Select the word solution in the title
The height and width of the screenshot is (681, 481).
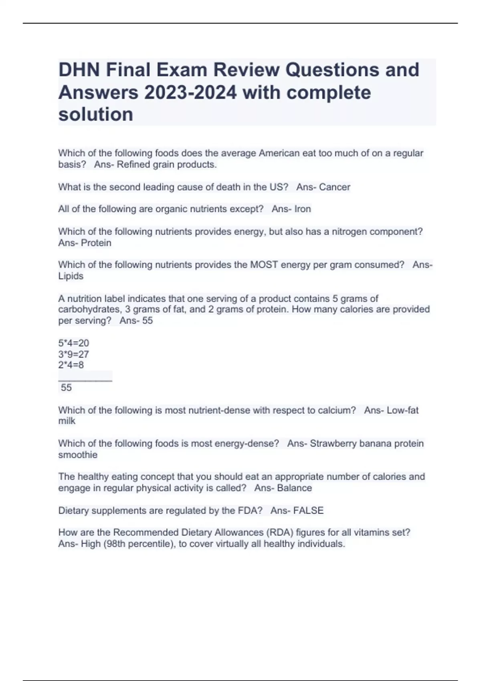click(96, 115)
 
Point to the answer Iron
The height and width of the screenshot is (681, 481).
click(303, 209)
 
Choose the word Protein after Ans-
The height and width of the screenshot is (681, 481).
click(96, 243)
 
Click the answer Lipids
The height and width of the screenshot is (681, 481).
click(71, 276)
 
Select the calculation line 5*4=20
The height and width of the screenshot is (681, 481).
click(74, 343)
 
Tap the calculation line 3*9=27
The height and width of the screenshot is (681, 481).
click(74, 354)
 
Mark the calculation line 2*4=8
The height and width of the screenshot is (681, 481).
click(71, 365)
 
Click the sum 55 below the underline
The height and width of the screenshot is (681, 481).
click(66, 387)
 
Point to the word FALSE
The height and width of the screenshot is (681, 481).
click(308, 510)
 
